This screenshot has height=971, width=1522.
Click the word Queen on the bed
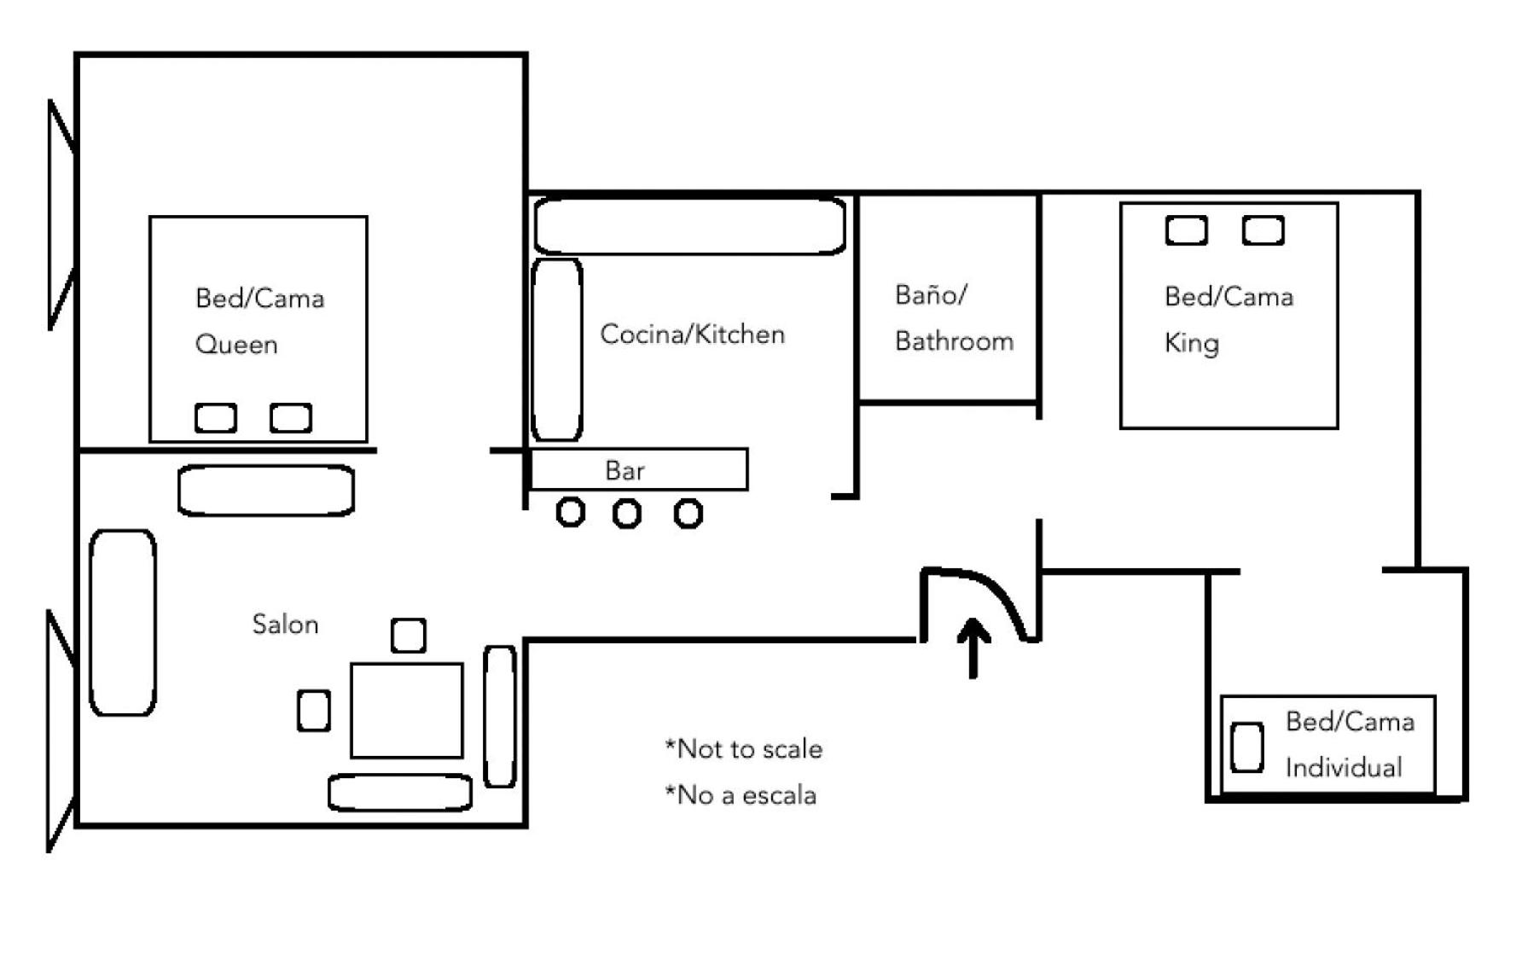click(236, 345)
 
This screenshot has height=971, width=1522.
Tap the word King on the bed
click(1192, 343)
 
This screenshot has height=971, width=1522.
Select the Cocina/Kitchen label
click(692, 334)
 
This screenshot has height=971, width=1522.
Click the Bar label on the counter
click(624, 470)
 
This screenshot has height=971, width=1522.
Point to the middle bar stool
click(627, 514)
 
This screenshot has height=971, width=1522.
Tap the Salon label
click(285, 624)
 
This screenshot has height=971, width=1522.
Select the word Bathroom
click(954, 341)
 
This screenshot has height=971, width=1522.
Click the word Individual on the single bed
click(1344, 768)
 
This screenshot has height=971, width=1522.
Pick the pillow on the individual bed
click(1247, 747)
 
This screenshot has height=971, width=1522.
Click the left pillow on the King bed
click(1187, 230)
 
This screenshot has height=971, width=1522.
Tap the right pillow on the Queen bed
click(291, 418)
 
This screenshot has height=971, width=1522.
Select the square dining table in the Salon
click(407, 710)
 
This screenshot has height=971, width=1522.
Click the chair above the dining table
click(409, 636)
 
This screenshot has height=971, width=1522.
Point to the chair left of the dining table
click(314, 711)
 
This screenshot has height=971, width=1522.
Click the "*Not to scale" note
click(744, 749)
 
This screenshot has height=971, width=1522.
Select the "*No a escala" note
click(741, 795)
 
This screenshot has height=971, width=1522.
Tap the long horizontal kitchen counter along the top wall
click(690, 226)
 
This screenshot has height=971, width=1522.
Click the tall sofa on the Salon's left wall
click(123, 623)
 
